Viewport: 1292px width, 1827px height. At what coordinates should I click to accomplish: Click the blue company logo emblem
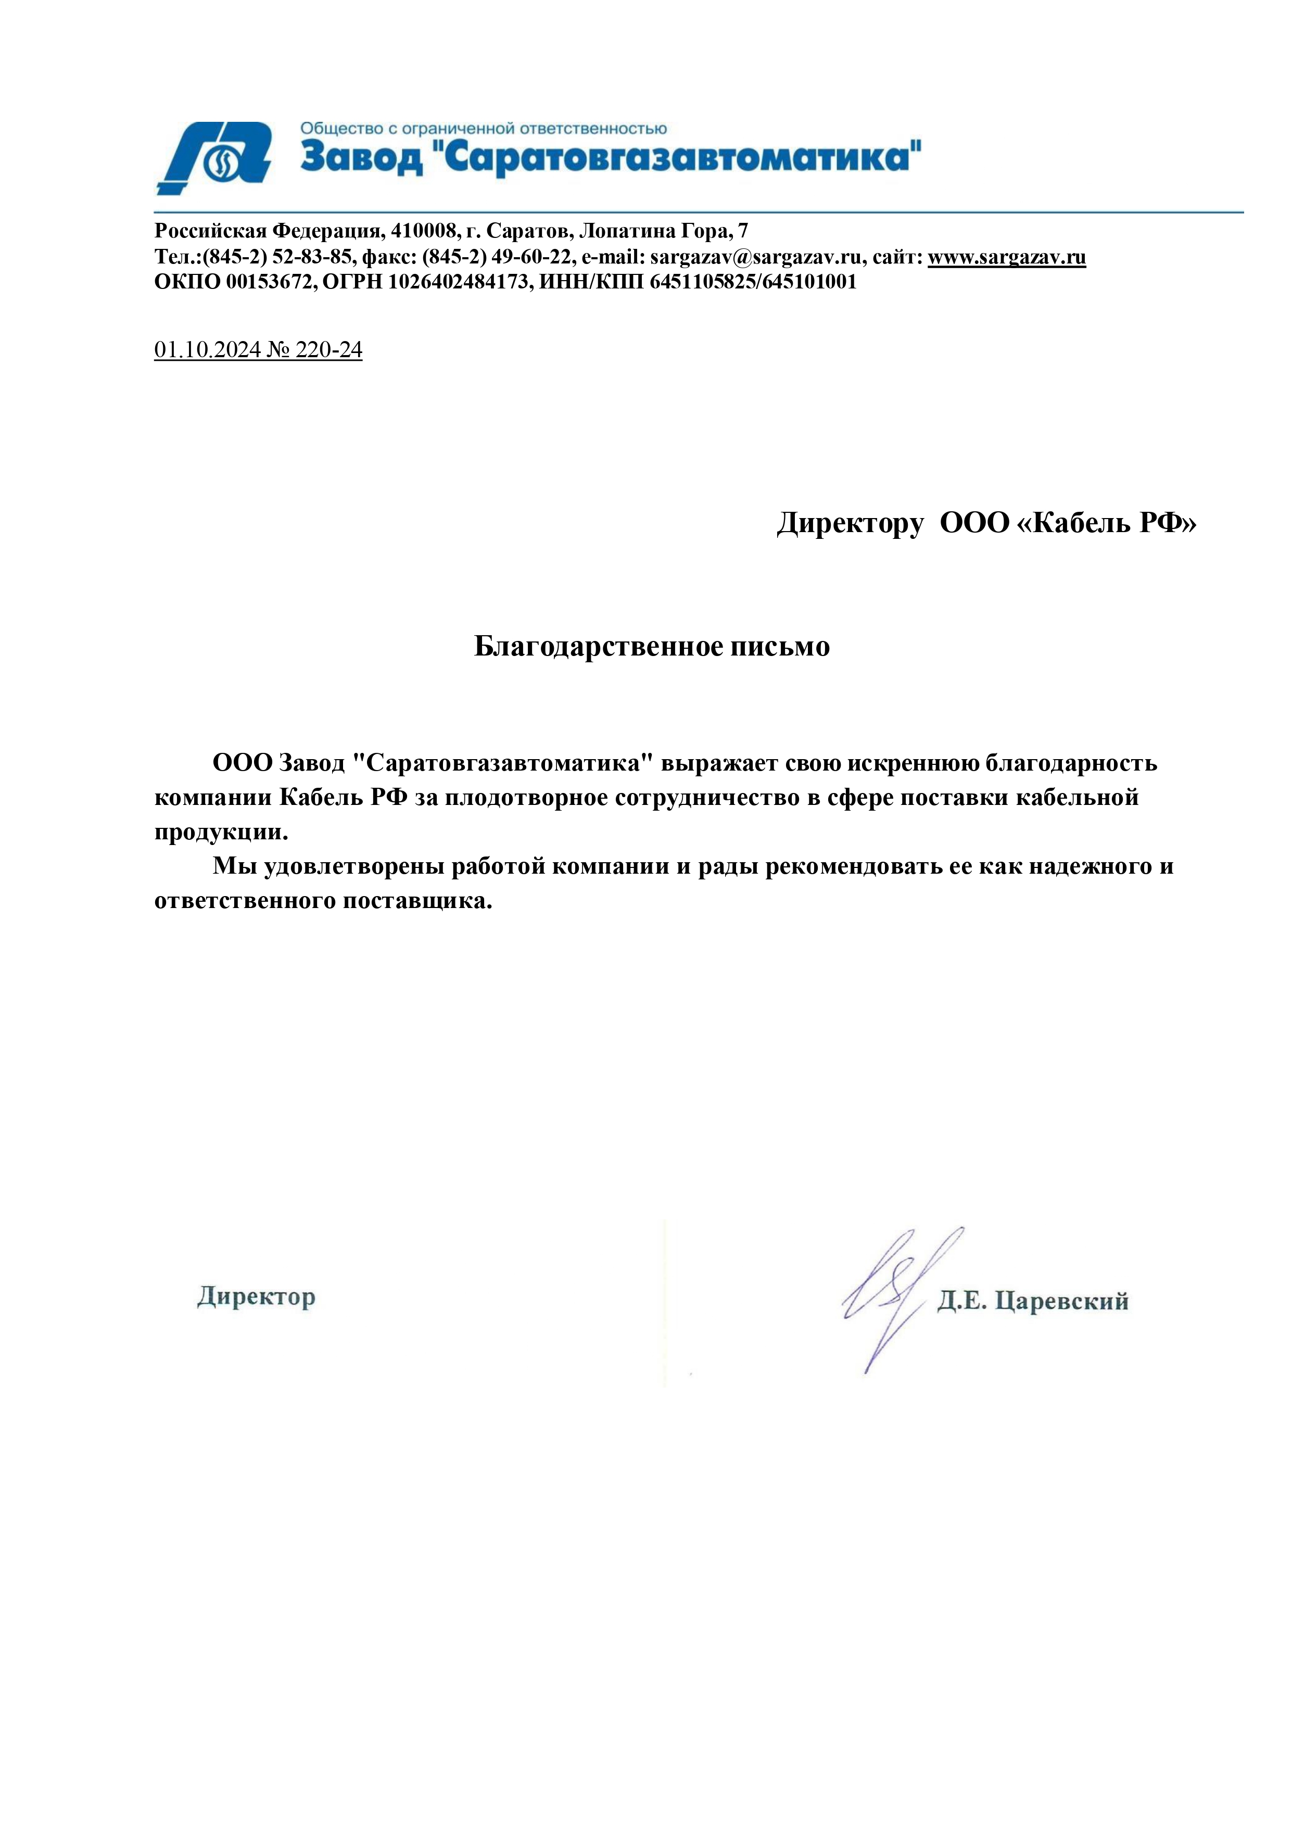(x=215, y=158)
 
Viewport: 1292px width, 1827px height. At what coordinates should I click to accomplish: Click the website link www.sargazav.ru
(x=1006, y=257)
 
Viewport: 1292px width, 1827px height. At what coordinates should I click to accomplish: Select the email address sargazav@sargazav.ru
(x=756, y=257)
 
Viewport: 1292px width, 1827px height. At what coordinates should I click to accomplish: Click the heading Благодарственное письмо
(x=652, y=646)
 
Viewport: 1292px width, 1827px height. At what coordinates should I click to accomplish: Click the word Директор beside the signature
(x=256, y=1297)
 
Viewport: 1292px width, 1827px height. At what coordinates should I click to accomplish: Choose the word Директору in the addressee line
(x=850, y=524)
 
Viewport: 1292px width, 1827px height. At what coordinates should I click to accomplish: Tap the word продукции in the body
(x=220, y=833)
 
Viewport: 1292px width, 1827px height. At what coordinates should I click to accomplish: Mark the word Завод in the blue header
(x=362, y=158)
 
